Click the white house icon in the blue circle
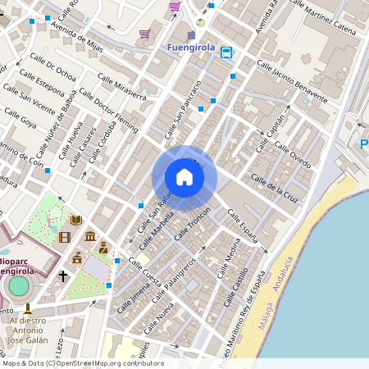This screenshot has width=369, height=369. click(x=184, y=177)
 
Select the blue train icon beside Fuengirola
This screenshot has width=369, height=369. click(x=225, y=52)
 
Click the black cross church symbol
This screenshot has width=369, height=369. click(x=62, y=276)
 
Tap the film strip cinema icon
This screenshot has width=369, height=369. click(x=65, y=238)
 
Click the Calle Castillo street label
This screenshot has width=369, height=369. click(x=236, y=291)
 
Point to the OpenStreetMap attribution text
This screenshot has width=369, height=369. click(x=82, y=363)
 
